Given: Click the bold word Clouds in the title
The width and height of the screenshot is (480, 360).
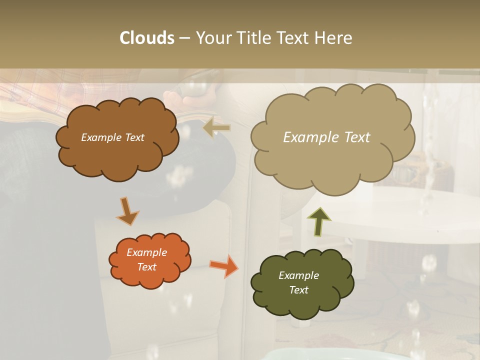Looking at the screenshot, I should tap(147, 38).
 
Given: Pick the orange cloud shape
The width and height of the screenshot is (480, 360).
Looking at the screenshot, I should tap(150, 278).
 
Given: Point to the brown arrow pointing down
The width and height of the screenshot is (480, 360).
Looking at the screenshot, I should tap(127, 211).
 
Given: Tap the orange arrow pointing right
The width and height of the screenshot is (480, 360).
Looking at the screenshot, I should tap(223, 265).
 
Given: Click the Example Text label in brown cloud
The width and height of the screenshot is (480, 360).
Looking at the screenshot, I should tap(112, 137).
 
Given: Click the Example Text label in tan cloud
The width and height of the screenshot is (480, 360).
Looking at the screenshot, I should tap(326, 137).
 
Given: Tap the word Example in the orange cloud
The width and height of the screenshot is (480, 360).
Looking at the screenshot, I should tap(146, 252).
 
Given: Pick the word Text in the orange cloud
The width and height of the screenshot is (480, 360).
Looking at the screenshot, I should tap(146, 267).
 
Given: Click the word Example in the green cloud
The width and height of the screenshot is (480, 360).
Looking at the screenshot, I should tap(298, 275).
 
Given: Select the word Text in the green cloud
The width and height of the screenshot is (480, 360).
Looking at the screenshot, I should tap(298, 290).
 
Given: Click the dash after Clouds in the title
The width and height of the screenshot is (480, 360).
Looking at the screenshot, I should tap(184, 38).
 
